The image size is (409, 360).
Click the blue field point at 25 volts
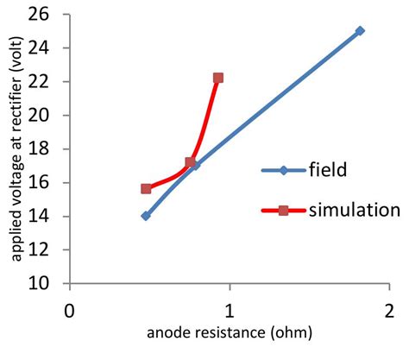point(360,31)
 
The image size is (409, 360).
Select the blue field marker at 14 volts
point(146,216)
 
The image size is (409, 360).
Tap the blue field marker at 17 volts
point(194,165)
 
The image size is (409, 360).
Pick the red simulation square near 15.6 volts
point(146,188)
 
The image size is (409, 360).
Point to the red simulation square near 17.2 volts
point(191,162)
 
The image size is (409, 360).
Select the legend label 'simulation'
point(354,210)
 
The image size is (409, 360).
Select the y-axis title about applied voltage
point(15,148)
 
